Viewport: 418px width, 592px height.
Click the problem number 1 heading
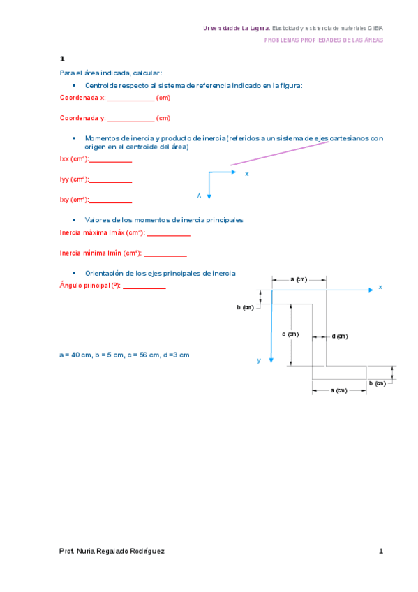62,59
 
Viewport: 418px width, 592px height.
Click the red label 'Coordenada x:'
82,98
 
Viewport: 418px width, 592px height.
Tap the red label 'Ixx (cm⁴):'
74,159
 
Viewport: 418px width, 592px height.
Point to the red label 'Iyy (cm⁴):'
74,179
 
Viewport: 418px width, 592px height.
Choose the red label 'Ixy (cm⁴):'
74,200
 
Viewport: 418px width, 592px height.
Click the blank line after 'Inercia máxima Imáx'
168,234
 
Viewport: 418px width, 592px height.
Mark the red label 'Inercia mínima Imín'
100,253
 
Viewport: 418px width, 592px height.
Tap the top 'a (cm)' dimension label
298,279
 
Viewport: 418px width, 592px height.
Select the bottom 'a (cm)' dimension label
338,390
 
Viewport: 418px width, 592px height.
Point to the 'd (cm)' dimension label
339,336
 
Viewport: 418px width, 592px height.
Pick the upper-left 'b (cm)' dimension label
245,307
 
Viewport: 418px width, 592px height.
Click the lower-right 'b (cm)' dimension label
377,383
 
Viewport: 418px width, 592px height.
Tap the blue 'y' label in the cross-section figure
258,360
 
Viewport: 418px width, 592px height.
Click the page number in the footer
381,551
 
